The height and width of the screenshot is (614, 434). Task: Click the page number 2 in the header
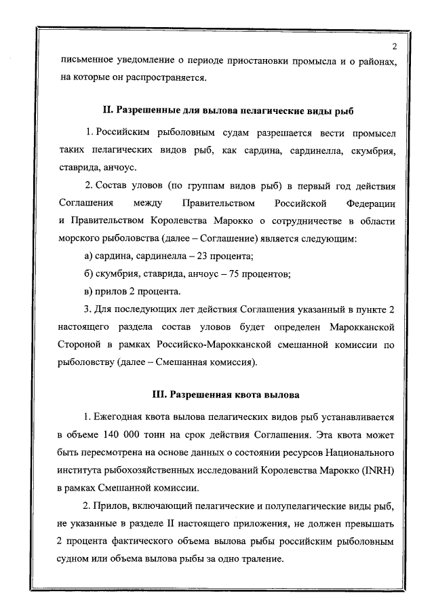click(x=393, y=46)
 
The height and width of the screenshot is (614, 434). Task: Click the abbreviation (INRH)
click(x=377, y=468)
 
